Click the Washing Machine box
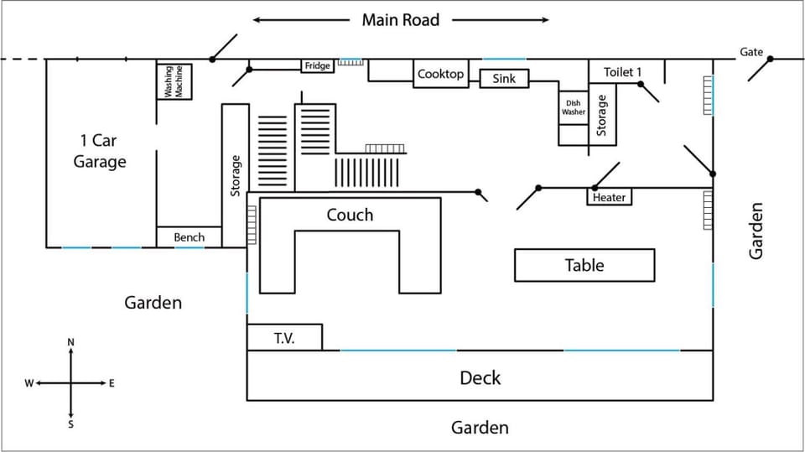pos(174,81)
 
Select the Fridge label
pos(318,65)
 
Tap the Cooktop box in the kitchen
pos(440,74)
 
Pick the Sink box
pos(504,79)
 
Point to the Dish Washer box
pos(574,107)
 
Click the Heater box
pos(609,197)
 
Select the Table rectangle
pos(584,265)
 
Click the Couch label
pos(350,216)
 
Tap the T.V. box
pos(284,337)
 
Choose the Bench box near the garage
pos(189,237)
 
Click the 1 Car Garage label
pos(99,151)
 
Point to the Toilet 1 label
pos(622,72)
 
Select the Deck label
pos(480,377)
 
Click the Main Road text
pos(400,19)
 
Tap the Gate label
pos(751,52)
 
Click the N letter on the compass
pos(70,342)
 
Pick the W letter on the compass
pos(29,383)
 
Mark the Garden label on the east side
pos(756,230)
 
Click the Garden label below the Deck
pos(480,428)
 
